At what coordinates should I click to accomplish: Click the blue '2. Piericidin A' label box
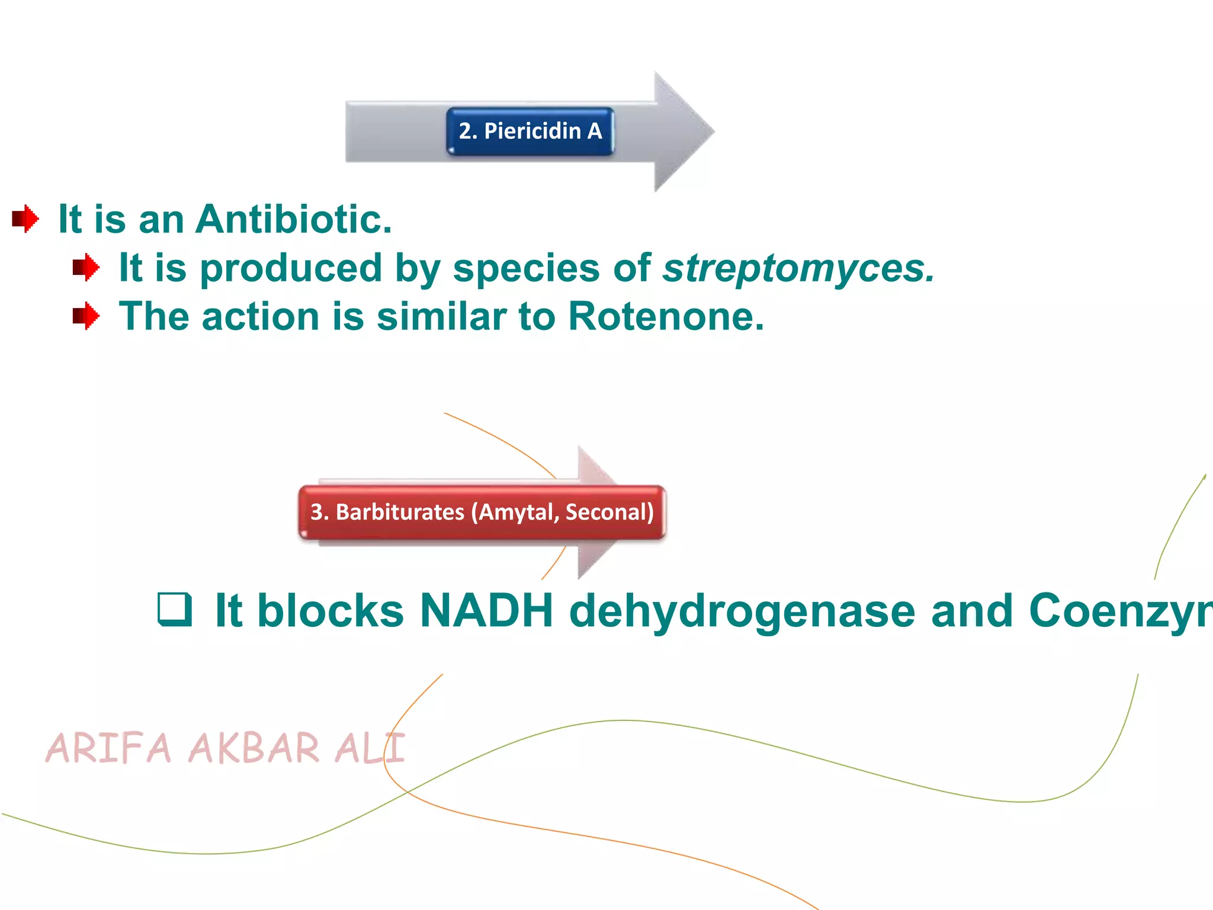coord(530,132)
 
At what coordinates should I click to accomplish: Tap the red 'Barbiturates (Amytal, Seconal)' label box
coord(482,512)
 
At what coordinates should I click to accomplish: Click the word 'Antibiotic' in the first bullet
coord(293,220)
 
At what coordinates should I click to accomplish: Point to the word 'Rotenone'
coord(666,317)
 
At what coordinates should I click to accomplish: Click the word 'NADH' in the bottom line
coord(486,611)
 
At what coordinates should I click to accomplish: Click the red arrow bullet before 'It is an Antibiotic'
coord(25,219)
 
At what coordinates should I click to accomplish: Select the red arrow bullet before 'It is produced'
coord(86,268)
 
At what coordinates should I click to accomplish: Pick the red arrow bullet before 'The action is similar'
coord(86,316)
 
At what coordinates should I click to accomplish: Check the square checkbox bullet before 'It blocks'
coord(175,610)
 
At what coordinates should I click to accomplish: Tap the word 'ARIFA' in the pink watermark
coord(108,748)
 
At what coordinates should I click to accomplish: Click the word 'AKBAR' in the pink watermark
coord(254,748)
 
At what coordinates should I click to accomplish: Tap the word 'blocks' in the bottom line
coord(330,611)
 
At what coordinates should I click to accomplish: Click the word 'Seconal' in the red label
coord(609,512)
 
